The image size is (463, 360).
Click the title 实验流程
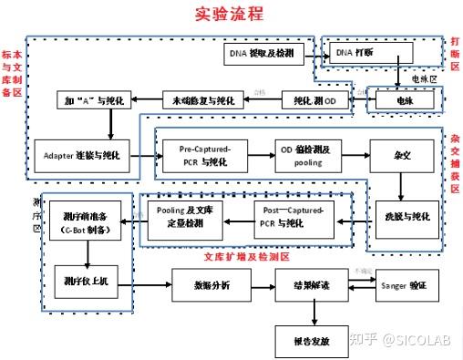pyautogui.click(x=230, y=15)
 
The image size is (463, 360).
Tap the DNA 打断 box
pyautogui.click(x=358, y=55)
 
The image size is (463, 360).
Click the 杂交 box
pyautogui.click(x=400, y=155)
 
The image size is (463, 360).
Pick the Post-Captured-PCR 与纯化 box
pyautogui.click(x=293, y=216)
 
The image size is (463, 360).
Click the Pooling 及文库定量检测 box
pyautogui.click(x=186, y=216)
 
